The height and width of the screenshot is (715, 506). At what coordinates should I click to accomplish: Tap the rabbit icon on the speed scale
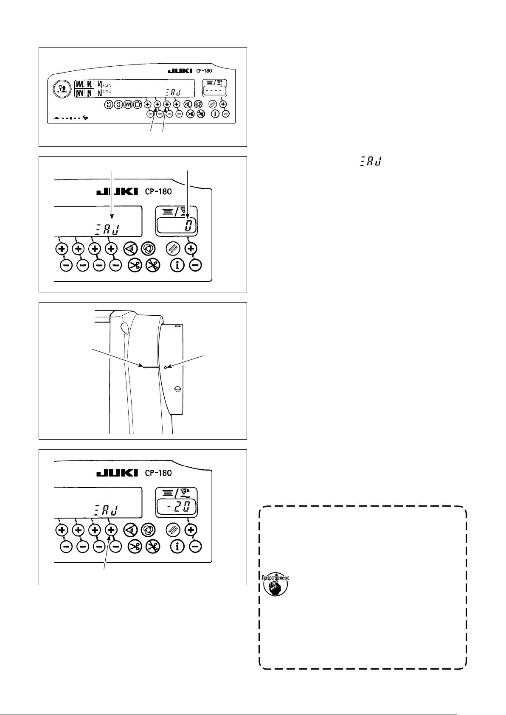click(86, 118)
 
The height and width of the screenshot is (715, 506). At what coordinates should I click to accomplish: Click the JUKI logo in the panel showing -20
click(118, 473)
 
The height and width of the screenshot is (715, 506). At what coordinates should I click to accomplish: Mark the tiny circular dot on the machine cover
click(166, 366)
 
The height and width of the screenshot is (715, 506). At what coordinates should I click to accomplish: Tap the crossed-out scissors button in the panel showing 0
click(152, 266)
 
